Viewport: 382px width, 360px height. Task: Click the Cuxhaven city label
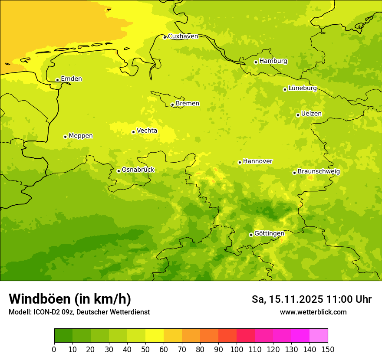coord(183,36)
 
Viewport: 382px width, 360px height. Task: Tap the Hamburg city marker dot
coord(256,62)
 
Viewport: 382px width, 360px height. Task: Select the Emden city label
coord(71,79)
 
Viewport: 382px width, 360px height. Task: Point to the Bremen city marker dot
coord(172,105)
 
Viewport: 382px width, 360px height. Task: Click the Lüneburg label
coord(302,88)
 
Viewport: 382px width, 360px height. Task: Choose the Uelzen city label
coord(311,114)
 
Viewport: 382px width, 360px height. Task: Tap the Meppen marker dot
coord(65,137)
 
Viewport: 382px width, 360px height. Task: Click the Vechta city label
coord(147,131)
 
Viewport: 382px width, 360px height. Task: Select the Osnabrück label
coord(138,170)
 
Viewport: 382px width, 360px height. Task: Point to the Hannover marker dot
coord(240,163)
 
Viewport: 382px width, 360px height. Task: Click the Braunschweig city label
coord(319,172)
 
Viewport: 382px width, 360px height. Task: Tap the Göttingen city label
coord(269,234)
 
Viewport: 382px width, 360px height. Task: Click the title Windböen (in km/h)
coord(69,299)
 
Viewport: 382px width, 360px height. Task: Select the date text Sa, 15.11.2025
coord(287,299)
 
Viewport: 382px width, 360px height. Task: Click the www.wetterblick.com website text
coord(313,312)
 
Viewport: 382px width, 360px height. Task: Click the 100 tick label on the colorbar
coord(237,349)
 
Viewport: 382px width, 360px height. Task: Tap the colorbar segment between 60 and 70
coord(173,336)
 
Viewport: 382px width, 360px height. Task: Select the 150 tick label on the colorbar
coord(328,349)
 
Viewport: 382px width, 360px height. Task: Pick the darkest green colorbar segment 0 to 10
coord(63,336)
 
